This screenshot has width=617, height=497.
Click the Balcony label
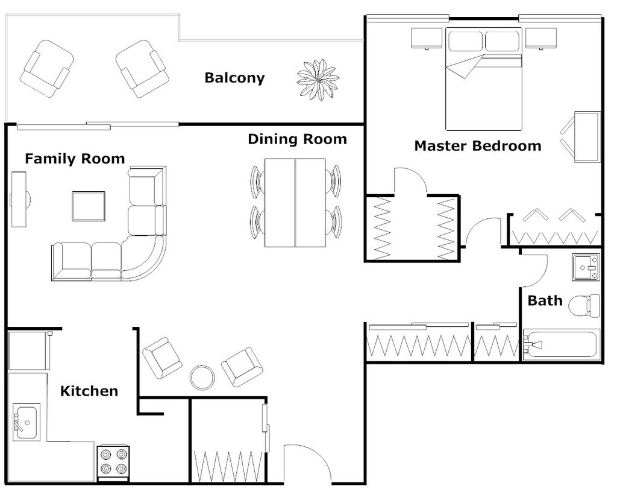[x=234, y=78]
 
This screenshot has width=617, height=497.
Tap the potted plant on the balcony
[x=318, y=80]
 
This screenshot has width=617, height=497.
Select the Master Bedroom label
[x=477, y=146]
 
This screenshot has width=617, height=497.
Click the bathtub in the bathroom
[x=560, y=345]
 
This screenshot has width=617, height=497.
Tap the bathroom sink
[x=584, y=267]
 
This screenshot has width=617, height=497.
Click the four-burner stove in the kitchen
[x=113, y=463]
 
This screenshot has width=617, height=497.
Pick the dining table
[x=295, y=203]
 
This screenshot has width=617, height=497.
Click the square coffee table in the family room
[x=89, y=206]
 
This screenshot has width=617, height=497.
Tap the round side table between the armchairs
[x=202, y=377]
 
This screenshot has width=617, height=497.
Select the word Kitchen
[x=89, y=391]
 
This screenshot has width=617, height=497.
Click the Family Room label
[x=75, y=159]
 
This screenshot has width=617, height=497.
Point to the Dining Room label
[x=297, y=139]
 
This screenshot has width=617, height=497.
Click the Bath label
[x=545, y=300]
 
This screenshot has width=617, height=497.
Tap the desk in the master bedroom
[x=587, y=137]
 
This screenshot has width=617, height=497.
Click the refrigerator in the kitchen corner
[x=28, y=350]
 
